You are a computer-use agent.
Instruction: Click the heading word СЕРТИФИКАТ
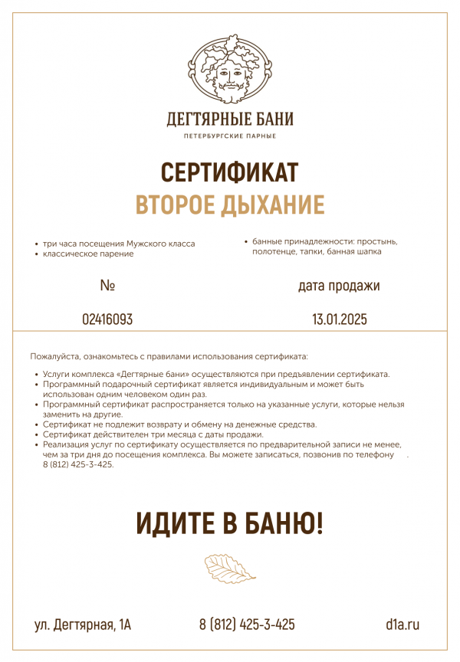[x=230, y=172]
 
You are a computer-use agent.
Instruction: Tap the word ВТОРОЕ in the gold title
[x=176, y=205]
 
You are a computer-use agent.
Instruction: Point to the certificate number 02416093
[x=107, y=320]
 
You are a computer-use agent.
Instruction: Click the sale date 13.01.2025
[x=340, y=320]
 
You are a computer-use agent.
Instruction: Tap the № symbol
[x=107, y=286]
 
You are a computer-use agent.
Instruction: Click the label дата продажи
[x=339, y=286]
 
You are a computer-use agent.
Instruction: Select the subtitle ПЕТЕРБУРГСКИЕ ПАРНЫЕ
[x=230, y=136]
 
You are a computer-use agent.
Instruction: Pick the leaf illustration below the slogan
[x=230, y=569]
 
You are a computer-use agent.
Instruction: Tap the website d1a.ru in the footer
[x=402, y=624]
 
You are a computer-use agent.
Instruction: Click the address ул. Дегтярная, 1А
[x=83, y=624]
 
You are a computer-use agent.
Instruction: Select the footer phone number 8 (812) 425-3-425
[x=247, y=624]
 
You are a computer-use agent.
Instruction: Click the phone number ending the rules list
[x=78, y=464]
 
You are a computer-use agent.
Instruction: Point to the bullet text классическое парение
[x=88, y=254]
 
